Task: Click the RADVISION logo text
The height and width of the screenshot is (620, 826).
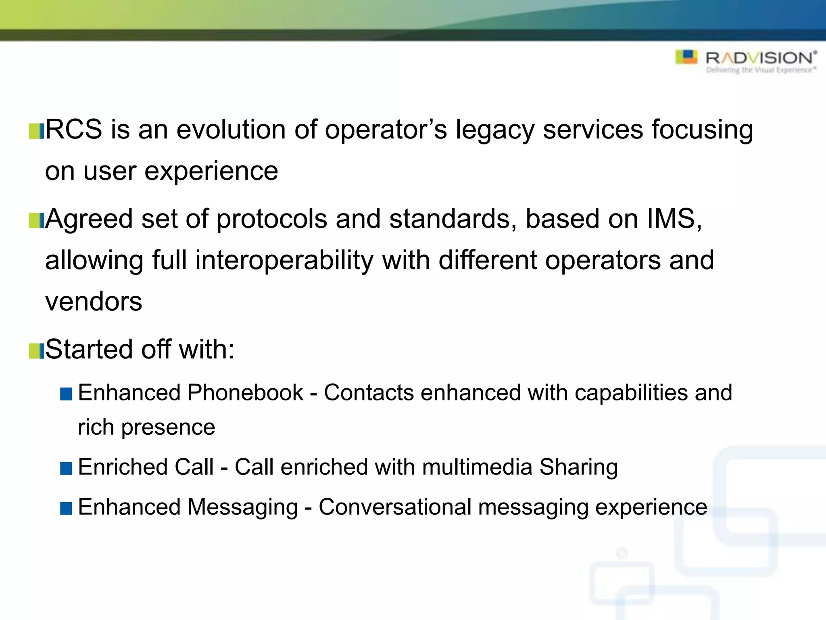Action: point(760,58)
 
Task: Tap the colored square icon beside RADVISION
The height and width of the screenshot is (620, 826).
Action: point(686,57)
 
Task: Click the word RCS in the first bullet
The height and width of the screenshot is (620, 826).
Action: point(73,130)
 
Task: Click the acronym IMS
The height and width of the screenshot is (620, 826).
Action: point(672,219)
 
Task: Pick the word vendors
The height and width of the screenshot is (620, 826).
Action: point(94,302)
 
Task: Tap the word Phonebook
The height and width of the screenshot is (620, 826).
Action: point(245,393)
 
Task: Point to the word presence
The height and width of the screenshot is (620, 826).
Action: point(168,428)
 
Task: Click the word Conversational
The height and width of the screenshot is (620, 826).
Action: point(395,507)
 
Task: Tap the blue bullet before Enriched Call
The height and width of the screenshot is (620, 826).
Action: point(66,468)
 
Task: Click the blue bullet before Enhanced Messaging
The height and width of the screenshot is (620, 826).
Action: point(66,508)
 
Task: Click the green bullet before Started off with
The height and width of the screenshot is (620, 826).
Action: point(36,351)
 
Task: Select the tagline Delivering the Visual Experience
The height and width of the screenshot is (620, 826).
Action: point(761,70)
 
